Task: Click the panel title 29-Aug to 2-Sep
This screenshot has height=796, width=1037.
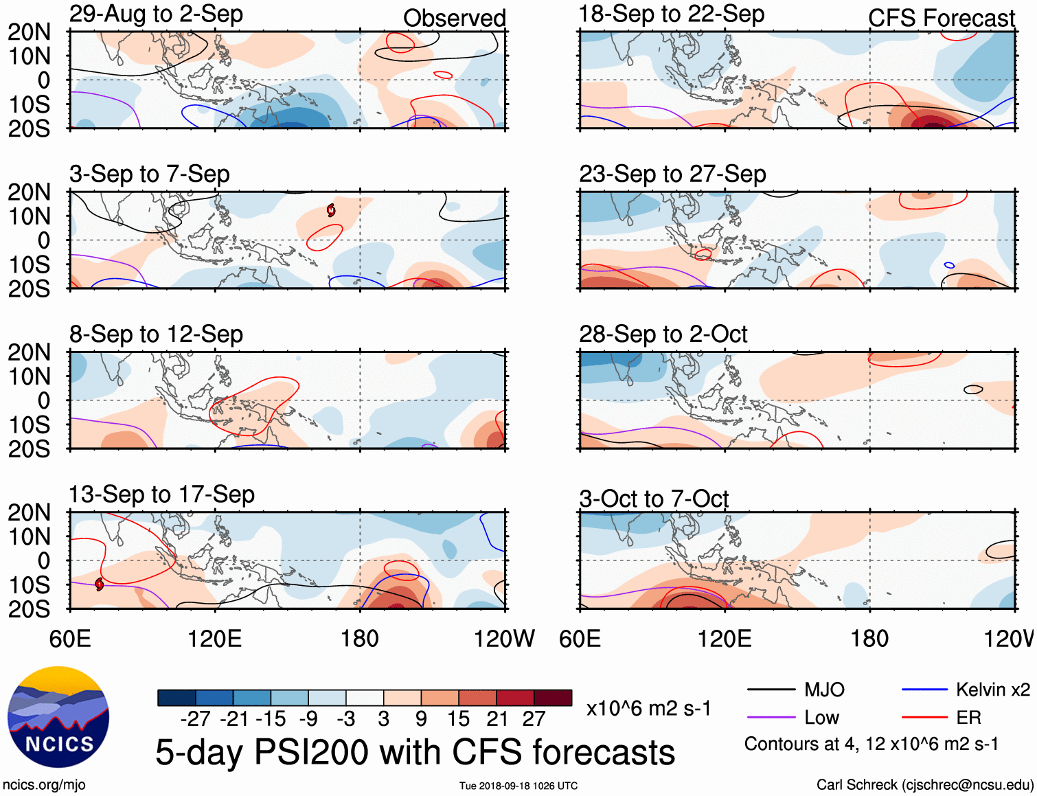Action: point(156,14)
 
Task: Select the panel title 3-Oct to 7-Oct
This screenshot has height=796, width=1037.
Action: point(653,499)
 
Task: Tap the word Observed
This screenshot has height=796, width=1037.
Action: point(454,19)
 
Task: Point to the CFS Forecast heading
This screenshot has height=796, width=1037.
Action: point(941,19)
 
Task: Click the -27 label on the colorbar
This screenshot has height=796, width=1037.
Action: point(195,719)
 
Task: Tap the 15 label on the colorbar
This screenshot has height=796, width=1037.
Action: point(458,719)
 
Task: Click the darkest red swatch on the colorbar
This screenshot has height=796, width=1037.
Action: point(553,698)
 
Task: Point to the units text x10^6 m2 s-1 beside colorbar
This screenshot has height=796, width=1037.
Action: point(648,708)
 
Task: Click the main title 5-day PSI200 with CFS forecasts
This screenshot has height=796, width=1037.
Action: point(415,752)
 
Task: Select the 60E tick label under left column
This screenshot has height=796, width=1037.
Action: point(70,639)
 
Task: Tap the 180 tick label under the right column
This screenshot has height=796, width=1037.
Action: point(869,639)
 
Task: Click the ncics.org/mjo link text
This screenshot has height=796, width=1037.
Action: point(44,784)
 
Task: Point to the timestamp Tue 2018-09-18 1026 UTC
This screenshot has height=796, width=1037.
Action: point(518,786)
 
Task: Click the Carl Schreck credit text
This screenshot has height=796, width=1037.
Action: point(924,784)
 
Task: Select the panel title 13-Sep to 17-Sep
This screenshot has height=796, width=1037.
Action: point(161,494)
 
